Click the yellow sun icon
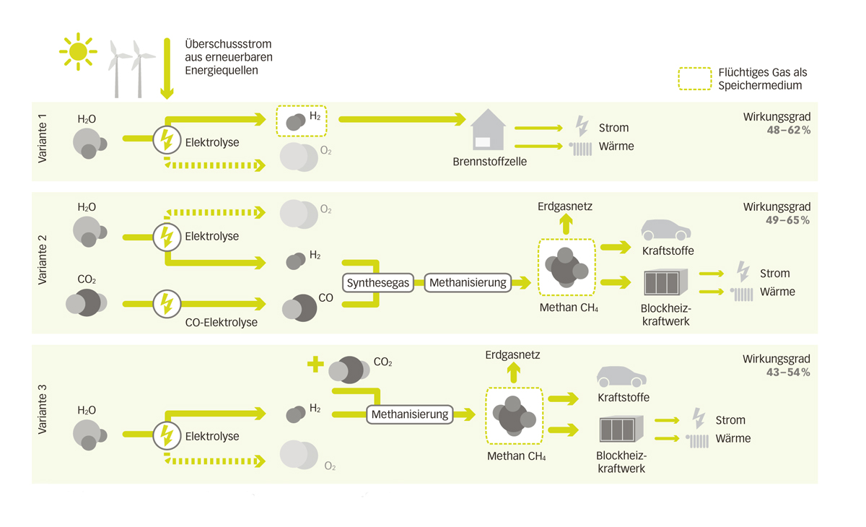pyautogui.click(x=78, y=52)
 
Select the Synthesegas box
pyautogui.click(x=378, y=283)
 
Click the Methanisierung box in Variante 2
pyautogui.click(x=468, y=283)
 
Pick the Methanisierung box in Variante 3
pyautogui.click(x=410, y=414)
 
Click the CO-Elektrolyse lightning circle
pyautogui.click(x=167, y=304)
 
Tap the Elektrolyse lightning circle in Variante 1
pyautogui.click(x=167, y=139)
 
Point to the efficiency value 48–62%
pyautogui.click(x=788, y=131)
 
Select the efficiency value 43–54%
pyautogui.click(x=788, y=373)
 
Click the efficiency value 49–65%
pyautogui.click(x=788, y=220)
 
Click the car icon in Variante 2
pyautogui.click(x=665, y=230)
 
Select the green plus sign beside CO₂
pyautogui.click(x=315, y=365)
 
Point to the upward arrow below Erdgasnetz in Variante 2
pyautogui.click(x=565, y=225)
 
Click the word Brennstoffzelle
pyautogui.click(x=489, y=162)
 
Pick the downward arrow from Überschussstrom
pyautogui.click(x=167, y=69)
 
